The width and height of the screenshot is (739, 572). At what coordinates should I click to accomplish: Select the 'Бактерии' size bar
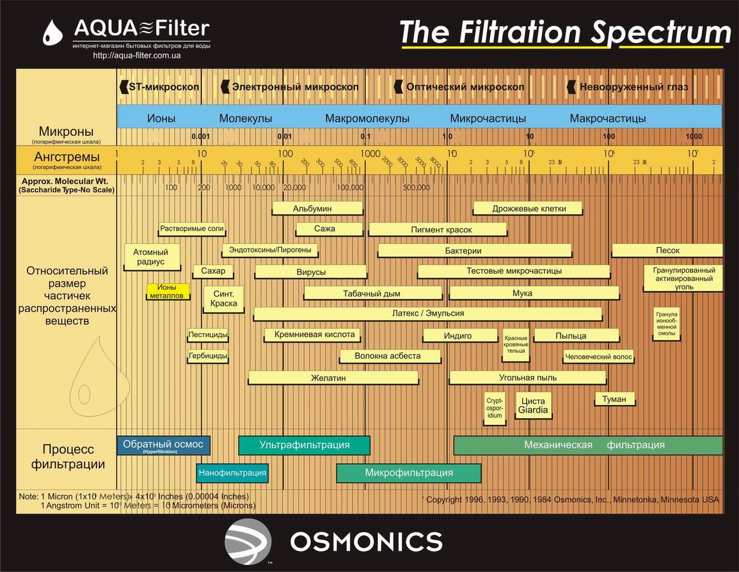pos(463,250)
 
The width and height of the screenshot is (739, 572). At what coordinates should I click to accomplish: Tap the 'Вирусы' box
pos(311,272)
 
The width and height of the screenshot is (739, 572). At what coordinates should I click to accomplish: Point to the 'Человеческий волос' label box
pos(598,357)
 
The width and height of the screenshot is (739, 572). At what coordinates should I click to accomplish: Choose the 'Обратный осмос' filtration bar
pos(163,445)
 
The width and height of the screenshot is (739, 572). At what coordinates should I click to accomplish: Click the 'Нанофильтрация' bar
pos(232,473)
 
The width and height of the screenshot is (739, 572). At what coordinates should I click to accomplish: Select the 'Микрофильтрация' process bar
pos(409,473)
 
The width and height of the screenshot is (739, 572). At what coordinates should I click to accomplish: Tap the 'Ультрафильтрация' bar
pos(304,445)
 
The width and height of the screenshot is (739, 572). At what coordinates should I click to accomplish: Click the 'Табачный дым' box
pos(372,293)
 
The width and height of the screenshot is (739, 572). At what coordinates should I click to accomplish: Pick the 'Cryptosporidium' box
pos(495,407)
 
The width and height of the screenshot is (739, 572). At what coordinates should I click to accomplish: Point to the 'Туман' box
pos(614,399)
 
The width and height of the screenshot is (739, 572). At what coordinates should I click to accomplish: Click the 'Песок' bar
pos(667,250)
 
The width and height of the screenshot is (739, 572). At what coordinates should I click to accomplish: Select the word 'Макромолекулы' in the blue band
pos(367,118)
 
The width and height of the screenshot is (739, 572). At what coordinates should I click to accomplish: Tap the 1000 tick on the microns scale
pos(694,136)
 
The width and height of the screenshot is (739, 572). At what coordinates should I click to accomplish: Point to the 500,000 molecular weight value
pos(416,188)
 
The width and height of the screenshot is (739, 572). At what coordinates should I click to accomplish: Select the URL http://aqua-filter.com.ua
pos(137,56)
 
